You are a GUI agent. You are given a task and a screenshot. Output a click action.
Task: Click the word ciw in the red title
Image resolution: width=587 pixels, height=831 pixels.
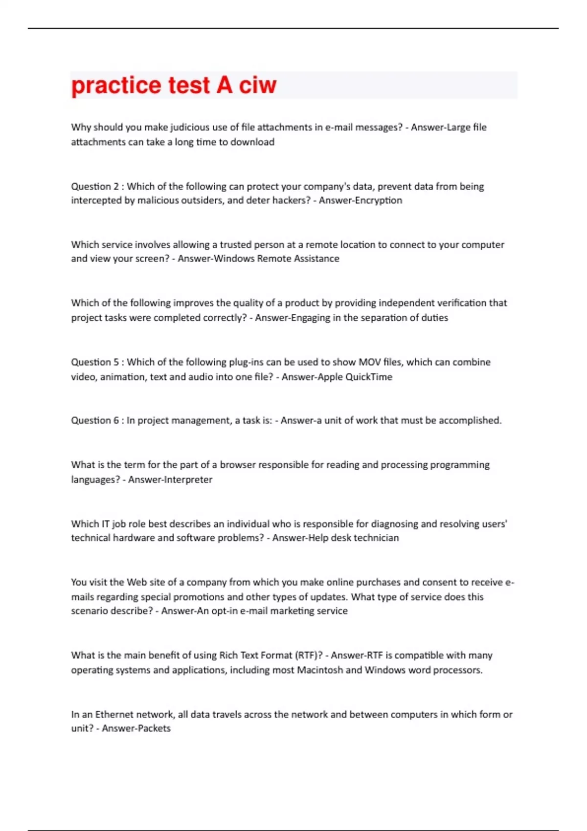tap(257, 85)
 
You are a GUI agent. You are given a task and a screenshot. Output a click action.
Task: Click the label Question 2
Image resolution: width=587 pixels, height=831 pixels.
tap(95, 186)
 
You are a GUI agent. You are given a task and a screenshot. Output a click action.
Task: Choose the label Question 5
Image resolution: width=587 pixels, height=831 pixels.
tap(95, 362)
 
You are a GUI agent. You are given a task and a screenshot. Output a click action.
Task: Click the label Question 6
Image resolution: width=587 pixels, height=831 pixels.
tap(95, 420)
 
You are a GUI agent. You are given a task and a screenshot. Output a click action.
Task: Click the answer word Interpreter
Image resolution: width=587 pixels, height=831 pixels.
tap(188, 480)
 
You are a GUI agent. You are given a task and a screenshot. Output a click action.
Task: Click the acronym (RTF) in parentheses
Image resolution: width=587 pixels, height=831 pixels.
tap(309, 656)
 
